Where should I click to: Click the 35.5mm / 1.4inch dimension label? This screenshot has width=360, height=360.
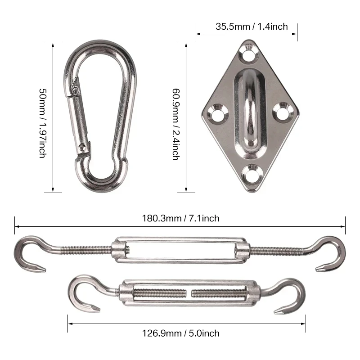(x=251, y=27)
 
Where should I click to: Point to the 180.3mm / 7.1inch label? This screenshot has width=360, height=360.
(x=180, y=218)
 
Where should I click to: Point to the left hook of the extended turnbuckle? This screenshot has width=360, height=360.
(x=28, y=254)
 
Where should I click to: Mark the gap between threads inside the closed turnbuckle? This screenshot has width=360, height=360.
(x=189, y=293)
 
